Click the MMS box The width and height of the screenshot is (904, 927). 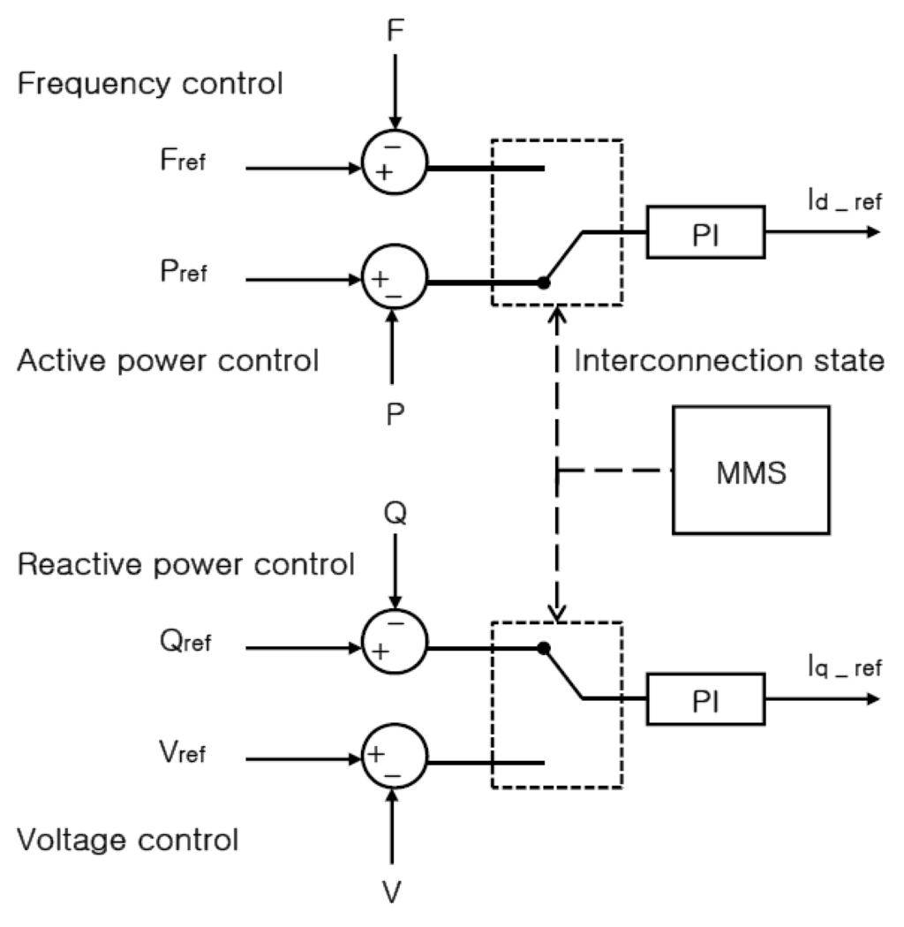[x=750, y=470]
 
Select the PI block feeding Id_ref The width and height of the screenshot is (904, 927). [x=705, y=232]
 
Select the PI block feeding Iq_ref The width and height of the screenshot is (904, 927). [x=705, y=700]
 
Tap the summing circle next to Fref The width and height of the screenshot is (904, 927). [x=395, y=164]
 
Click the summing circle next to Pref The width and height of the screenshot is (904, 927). [x=395, y=283]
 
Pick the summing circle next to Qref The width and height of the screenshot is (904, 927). [x=395, y=647]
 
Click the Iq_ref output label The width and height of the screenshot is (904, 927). [x=843, y=668]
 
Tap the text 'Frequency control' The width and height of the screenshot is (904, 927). [x=150, y=85]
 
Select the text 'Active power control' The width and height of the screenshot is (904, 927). [x=168, y=361]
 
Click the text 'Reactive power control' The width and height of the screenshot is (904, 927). [x=185, y=564]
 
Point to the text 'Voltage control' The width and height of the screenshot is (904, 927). [x=128, y=838]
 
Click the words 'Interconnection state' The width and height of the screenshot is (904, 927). [x=729, y=361]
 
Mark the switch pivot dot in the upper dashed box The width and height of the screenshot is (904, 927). [x=544, y=283]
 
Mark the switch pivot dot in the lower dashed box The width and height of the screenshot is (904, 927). [x=544, y=648]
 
